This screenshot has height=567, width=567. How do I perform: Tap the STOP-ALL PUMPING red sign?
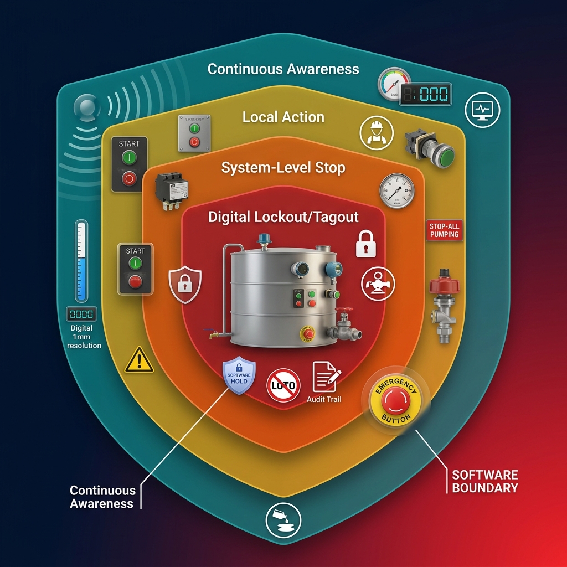[445, 230]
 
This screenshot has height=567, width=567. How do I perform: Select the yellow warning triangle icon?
[139, 360]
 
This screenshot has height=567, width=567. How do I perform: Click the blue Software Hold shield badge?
[239, 377]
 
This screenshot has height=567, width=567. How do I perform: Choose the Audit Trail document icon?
[326, 377]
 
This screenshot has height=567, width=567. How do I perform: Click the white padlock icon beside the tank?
[365, 244]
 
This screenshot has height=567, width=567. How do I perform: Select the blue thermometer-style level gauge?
[82, 261]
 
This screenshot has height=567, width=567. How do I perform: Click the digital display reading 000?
[426, 94]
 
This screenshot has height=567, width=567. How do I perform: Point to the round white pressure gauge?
[396, 190]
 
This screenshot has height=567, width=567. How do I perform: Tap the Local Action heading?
[283, 117]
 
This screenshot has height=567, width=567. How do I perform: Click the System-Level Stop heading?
[283, 168]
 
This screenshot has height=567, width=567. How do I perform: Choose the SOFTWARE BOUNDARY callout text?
[484, 481]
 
